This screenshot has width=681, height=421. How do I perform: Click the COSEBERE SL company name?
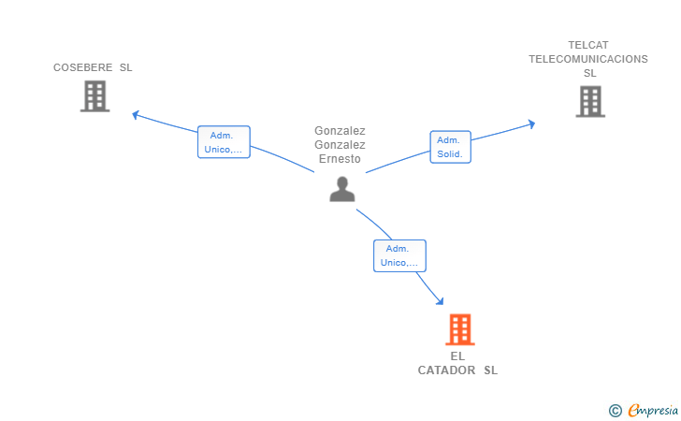coord(93,67)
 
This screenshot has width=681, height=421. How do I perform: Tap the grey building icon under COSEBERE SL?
coord(94,96)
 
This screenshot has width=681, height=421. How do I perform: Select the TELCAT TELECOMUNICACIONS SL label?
coord(588,59)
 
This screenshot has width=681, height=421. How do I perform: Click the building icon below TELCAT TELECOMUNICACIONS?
coord(590,102)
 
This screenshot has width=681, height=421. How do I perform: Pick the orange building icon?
coord(460,329)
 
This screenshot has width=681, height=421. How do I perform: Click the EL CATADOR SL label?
coord(457,363)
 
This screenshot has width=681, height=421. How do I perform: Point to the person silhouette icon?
coord(342,189)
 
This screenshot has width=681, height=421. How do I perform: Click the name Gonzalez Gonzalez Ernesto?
coord(340,145)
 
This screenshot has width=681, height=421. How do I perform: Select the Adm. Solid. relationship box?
coord(450,147)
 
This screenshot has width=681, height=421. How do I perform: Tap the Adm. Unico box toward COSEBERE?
coord(224,142)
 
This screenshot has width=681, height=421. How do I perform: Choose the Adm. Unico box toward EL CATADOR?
coord(399,256)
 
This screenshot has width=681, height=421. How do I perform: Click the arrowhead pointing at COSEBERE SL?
coord(136,115)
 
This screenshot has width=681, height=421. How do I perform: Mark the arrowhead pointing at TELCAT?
coord(531,124)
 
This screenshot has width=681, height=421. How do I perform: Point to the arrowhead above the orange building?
coord(440,300)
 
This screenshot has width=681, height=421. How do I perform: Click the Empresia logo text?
coord(653,410)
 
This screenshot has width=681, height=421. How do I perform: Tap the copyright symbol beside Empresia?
coord(616,411)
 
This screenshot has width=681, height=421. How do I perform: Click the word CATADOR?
coord(446,370)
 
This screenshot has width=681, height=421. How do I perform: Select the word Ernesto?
coord(340,159)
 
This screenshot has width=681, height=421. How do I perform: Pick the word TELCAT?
coord(588,45)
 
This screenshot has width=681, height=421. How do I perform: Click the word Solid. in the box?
coord(450,153)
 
